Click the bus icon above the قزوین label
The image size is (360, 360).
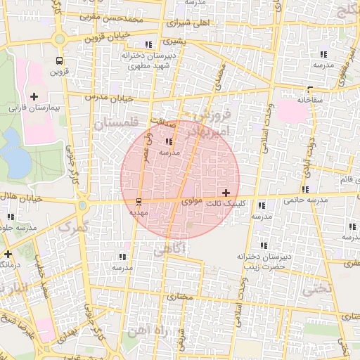pyautogui.click(x=58, y=60)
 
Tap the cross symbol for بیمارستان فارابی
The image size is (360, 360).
pyautogui.click(x=34, y=96)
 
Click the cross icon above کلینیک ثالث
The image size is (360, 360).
pyautogui.click(x=225, y=193)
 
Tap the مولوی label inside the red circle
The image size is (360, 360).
pyautogui.click(x=192, y=201)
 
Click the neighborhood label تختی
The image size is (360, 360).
pyautogui.click(x=316, y=288)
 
